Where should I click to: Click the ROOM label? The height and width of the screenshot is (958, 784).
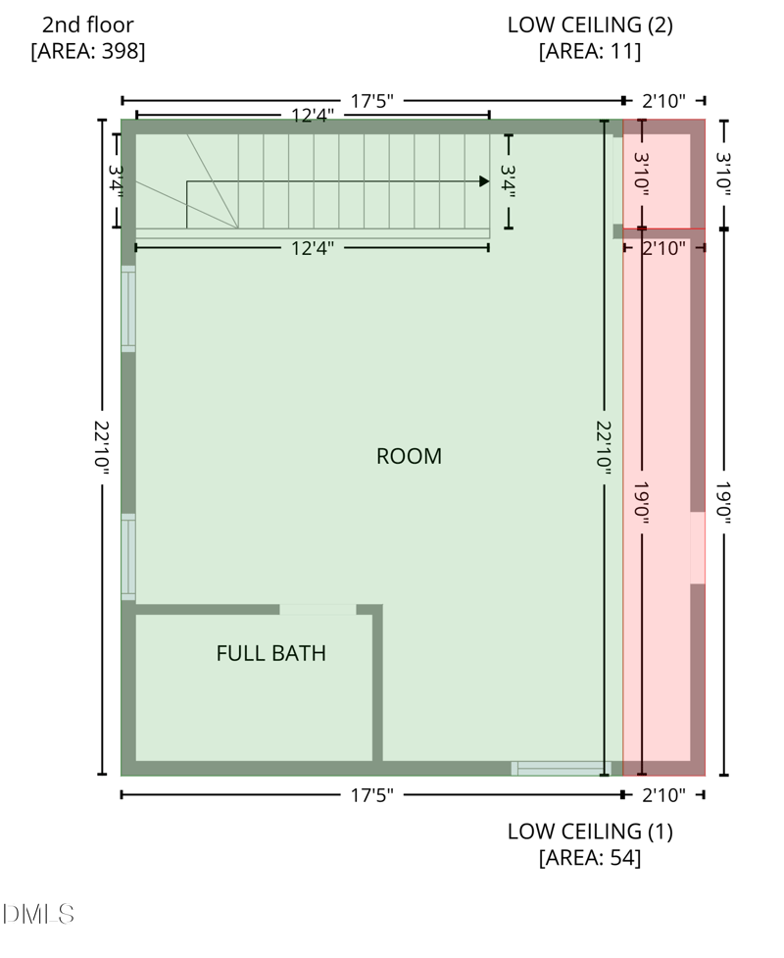(x=409, y=456)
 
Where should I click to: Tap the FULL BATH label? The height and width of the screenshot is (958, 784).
(x=271, y=653)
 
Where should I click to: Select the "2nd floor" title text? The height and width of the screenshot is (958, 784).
(x=88, y=25)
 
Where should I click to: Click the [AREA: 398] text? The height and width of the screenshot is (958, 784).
(x=88, y=51)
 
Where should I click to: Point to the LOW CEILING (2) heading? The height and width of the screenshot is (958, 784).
(x=590, y=25)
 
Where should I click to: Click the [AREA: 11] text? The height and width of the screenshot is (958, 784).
(x=590, y=51)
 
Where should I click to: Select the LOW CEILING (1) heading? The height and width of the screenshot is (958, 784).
(x=590, y=832)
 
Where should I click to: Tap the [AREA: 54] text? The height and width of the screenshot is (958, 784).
(x=590, y=858)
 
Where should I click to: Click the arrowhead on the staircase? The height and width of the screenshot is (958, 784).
(x=484, y=180)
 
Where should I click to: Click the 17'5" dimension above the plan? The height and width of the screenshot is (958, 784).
(x=371, y=101)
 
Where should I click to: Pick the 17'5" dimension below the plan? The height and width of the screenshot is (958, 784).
(x=371, y=795)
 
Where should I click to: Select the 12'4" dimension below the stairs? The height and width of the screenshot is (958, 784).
(x=312, y=249)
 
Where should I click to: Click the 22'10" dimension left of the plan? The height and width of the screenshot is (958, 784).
(x=102, y=448)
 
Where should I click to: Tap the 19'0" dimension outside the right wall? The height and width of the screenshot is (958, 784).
(x=723, y=502)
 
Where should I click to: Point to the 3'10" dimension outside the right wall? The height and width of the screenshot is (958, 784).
(x=723, y=175)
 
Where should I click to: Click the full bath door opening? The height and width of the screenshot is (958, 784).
(x=318, y=609)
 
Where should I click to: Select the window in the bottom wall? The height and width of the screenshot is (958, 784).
(x=562, y=769)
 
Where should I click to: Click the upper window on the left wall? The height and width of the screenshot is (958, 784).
(x=128, y=309)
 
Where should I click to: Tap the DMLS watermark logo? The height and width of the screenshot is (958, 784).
(x=38, y=914)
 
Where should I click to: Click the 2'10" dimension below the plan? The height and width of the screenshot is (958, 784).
(x=663, y=795)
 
